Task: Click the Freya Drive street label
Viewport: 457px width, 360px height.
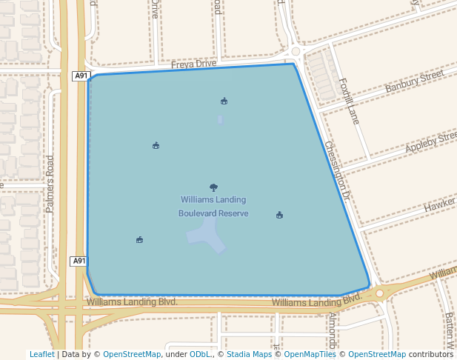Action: [x=193, y=64]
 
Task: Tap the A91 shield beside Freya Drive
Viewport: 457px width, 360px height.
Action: [x=81, y=76]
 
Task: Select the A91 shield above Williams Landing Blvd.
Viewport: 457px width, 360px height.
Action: [x=79, y=261]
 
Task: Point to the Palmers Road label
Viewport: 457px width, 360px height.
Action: [x=50, y=184]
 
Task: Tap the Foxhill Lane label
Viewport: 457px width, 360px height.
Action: [x=348, y=101]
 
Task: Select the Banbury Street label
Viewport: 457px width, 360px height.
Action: [x=414, y=82]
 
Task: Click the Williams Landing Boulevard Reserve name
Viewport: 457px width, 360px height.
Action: [x=213, y=207]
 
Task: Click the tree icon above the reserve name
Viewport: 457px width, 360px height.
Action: [x=214, y=187]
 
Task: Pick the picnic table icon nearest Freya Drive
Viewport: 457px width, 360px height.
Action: [x=224, y=101]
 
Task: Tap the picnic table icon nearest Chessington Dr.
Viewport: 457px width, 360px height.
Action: [x=279, y=215]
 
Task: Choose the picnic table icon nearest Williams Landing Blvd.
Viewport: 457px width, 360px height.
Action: [x=139, y=239]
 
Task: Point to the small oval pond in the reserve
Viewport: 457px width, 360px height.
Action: [x=220, y=119]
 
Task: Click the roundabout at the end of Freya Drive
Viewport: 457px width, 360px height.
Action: [x=296, y=53]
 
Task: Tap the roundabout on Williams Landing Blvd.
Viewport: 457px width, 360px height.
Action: [x=379, y=293]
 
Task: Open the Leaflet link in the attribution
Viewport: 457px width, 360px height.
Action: [x=41, y=354]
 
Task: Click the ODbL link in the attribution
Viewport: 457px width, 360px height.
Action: [x=199, y=354]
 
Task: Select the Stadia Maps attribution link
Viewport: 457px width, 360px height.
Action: [x=248, y=354]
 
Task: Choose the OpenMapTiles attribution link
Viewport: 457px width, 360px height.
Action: [x=310, y=354]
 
